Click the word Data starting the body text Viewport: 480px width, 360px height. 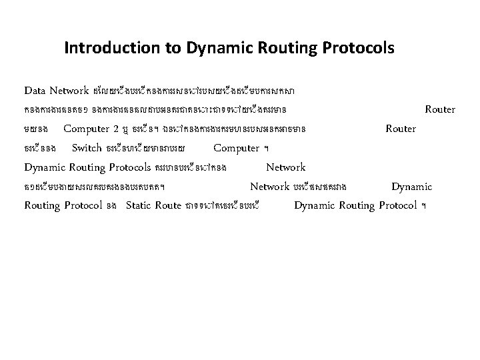tap(36, 90)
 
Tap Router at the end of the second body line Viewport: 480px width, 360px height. tap(440, 109)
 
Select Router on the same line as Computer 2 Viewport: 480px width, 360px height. tap(401, 128)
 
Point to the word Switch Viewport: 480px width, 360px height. tap(87, 147)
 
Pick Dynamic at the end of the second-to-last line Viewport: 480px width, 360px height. tap(411, 187)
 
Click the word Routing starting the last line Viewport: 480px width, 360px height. tap(42, 205)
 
